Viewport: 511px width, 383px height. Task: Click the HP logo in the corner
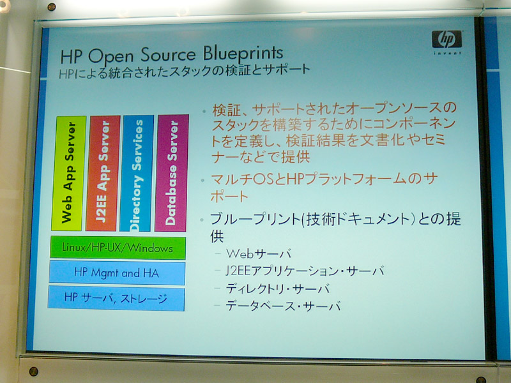click(446, 40)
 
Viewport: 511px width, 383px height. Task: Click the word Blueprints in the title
click(243, 53)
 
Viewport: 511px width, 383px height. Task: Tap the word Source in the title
click(168, 54)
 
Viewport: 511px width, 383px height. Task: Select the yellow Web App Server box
click(69, 173)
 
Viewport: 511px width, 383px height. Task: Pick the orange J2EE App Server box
click(103, 173)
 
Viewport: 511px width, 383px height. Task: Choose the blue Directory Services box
click(137, 173)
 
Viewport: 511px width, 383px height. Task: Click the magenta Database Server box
click(172, 173)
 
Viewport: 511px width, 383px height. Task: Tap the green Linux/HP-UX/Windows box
click(118, 248)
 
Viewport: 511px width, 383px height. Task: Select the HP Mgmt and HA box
click(117, 273)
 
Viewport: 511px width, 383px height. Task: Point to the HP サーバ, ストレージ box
click(116, 298)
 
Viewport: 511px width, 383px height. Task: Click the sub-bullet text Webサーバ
click(259, 253)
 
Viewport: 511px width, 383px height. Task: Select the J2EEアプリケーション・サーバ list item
click(305, 271)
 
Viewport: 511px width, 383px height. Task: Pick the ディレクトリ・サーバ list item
click(278, 289)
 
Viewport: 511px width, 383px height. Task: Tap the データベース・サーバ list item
click(283, 306)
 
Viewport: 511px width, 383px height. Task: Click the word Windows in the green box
click(150, 248)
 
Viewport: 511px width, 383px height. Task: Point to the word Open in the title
click(111, 56)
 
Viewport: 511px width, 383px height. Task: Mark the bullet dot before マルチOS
click(202, 180)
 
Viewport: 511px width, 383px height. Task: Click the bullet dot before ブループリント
click(202, 220)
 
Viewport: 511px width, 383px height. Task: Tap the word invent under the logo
click(448, 53)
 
